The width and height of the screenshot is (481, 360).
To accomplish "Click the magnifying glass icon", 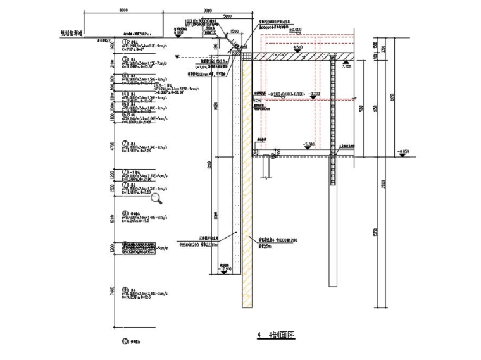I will (156, 199).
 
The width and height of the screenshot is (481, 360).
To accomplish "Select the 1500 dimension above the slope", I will (234, 32).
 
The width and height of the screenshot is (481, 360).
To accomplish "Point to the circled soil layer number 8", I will (125, 213).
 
